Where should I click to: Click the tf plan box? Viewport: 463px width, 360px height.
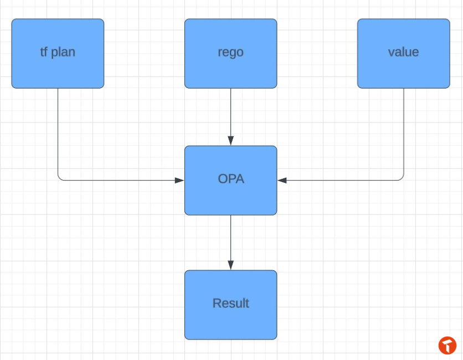(x=58, y=54)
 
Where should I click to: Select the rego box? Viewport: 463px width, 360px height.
(x=230, y=54)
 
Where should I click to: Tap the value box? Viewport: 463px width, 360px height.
(x=404, y=54)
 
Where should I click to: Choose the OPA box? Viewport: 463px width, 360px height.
(x=230, y=181)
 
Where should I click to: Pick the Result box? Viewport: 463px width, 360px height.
(x=230, y=305)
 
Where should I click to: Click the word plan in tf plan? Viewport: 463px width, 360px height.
(x=63, y=53)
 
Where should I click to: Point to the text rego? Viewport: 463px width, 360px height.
(x=230, y=53)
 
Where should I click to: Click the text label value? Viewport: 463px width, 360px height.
(x=403, y=52)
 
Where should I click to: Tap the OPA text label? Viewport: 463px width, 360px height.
(x=231, y=179)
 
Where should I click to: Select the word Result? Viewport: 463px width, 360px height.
(x=231, y=304)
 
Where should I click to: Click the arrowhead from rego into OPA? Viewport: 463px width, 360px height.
(x=230, y=141)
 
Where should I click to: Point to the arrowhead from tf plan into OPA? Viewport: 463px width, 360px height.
(x=179, y=181)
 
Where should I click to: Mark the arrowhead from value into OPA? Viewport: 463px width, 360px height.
(x=282, y=181)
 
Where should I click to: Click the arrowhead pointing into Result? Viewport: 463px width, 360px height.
(x=230, y=265)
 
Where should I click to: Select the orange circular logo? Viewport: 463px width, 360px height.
(x=447, y=345)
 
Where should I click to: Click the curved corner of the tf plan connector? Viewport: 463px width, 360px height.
(x=60, y=178)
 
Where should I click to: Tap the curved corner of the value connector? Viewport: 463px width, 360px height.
(x=402, y=178)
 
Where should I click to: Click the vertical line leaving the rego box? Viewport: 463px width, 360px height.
(x=230, y=112)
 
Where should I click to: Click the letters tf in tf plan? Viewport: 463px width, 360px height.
(x=44, y=52)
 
